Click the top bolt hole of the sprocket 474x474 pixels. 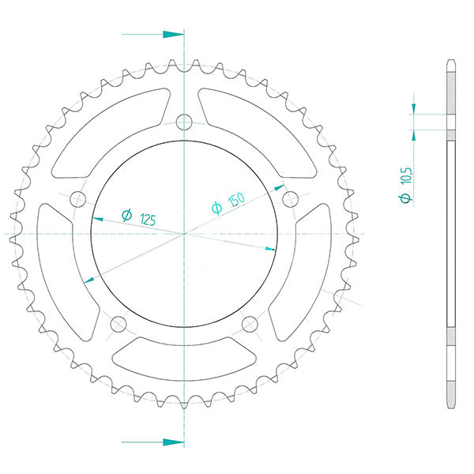[x=184, y=122]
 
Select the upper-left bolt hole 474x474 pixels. [x=78, y=198]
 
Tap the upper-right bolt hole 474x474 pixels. [x=290, y=197]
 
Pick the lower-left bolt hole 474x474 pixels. [x=118, y=323]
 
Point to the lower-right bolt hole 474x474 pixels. [x=250, y=323]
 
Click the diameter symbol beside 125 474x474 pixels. [x=126, y=215]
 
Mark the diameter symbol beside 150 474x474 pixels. [x=216, y=209]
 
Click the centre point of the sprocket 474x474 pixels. [x=184, y=234]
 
